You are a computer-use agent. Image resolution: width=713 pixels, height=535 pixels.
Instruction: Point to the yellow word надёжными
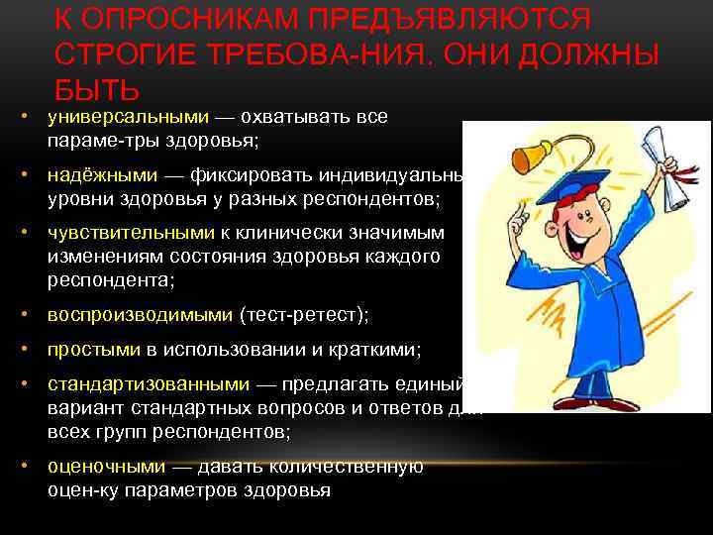click(x=102, y=175)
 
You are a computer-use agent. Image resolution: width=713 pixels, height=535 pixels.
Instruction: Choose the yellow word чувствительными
click(x=131, y=233)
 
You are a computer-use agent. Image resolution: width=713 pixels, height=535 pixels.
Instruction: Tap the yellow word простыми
click(x=94, y=350)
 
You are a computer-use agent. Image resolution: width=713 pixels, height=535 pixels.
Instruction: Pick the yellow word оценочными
click(x=106, y=467)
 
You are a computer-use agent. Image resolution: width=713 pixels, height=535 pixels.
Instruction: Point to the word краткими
click(x=380, y=350)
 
